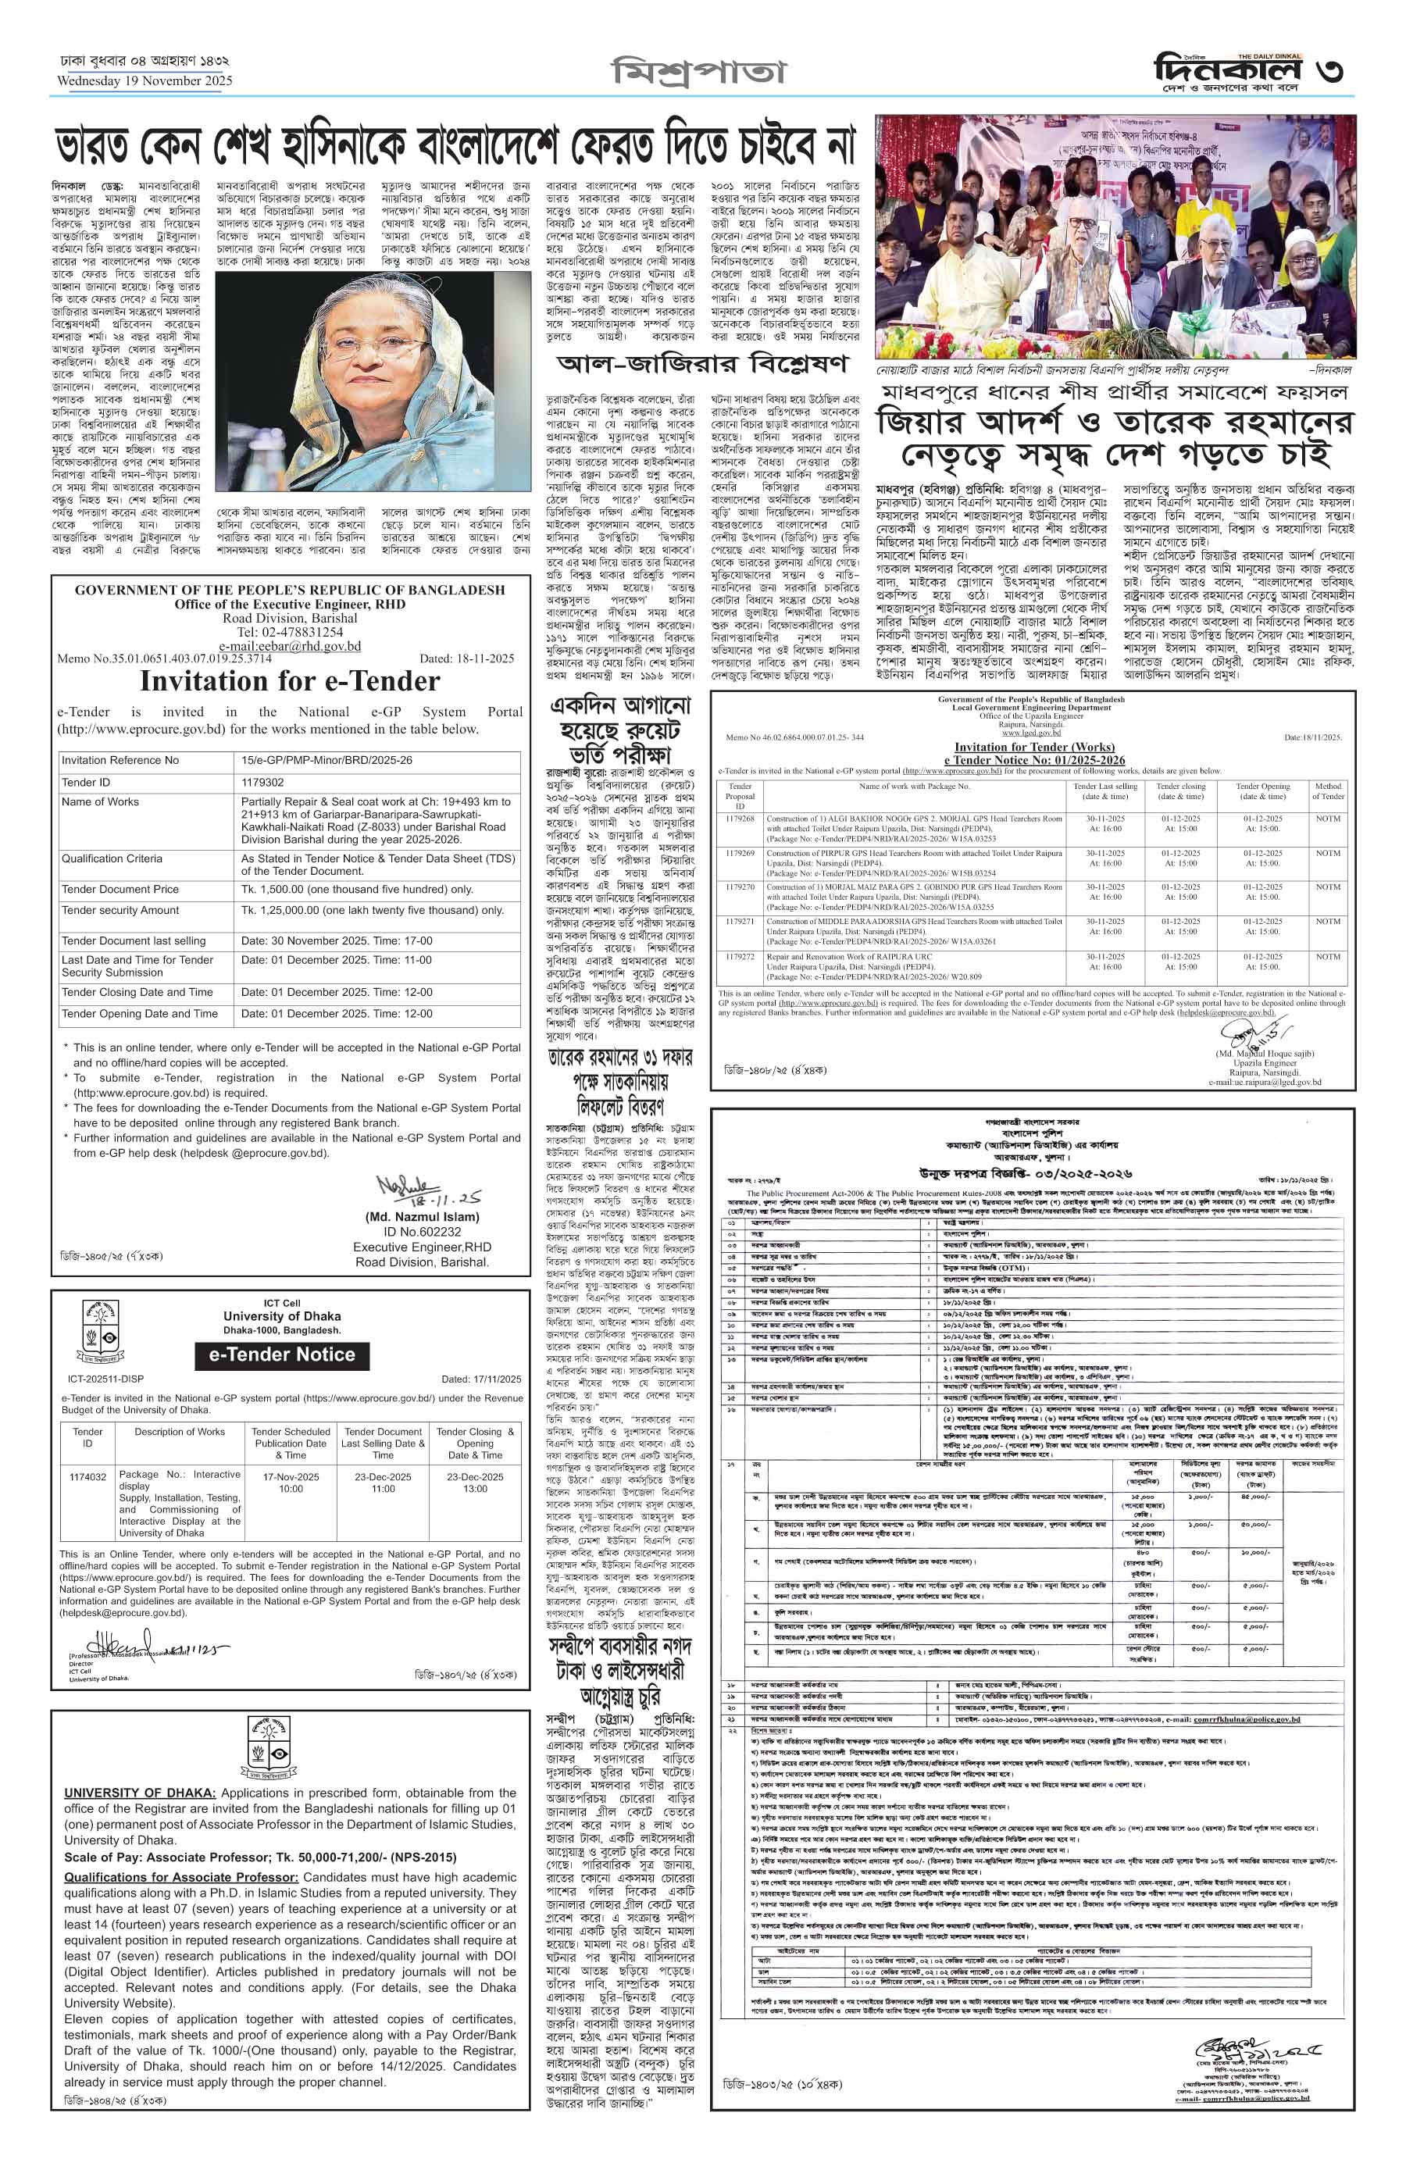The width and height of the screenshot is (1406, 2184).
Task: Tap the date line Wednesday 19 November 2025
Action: coord(145,80)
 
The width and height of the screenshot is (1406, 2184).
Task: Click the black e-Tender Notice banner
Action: coord(282,1355)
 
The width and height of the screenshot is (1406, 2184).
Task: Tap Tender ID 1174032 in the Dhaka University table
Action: coord(87,1476)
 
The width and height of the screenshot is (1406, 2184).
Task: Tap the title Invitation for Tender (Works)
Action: coord(1033,747)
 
